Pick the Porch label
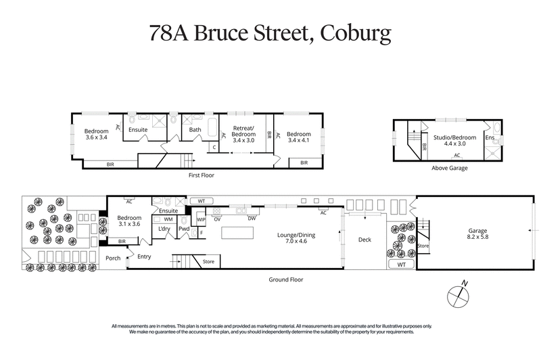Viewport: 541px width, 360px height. [112, 258]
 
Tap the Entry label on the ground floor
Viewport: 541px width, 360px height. [144, 256]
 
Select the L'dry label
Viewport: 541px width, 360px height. [164, 229]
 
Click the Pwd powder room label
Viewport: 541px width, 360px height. [184, 229]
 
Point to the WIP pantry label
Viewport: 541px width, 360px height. [201, 219]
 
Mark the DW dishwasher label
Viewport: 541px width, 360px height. [251, 219]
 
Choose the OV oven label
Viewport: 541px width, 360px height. [217, 219]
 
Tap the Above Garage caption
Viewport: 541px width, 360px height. [448, 168]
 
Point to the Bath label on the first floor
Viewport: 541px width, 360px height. [195, 130]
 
